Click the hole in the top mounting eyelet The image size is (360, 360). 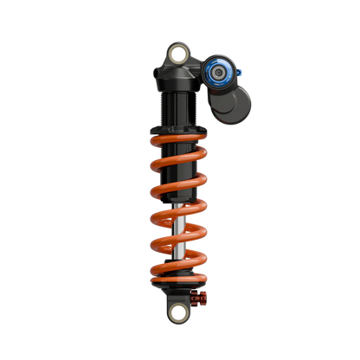tap(179, 55)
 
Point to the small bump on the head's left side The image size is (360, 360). tap(154, 70)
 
